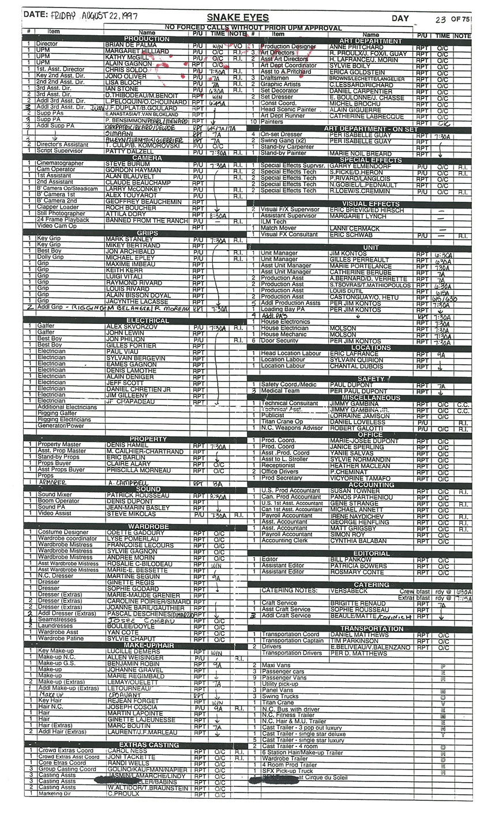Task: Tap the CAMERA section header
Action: pos(147,157)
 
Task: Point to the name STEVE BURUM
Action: pos(123,164)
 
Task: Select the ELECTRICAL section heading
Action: pos(147,320)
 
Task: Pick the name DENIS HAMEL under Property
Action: pos(123,445)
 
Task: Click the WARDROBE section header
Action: pos(147,526)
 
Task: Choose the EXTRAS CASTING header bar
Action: pos(147,745)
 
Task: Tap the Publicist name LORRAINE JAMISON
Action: pos(359,416)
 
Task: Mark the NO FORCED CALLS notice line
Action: pos(253,28)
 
